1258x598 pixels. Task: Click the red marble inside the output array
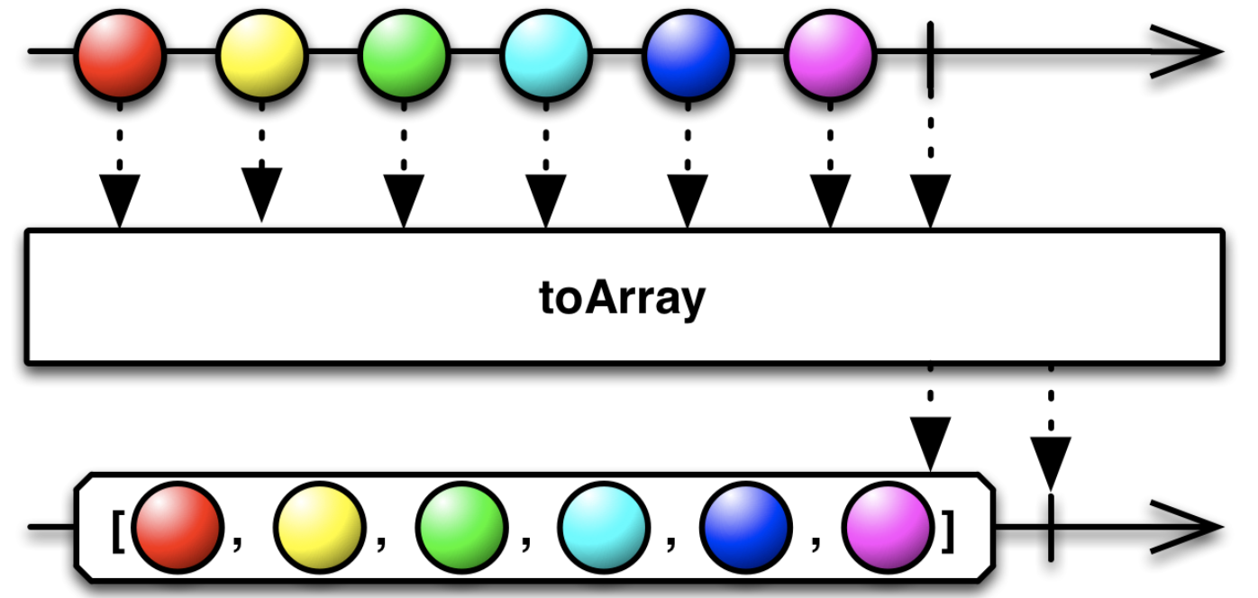177,528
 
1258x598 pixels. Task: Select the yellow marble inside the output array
320,528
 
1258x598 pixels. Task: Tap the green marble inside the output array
461,528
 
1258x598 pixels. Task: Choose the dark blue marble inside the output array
746,528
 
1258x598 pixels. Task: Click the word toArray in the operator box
623,298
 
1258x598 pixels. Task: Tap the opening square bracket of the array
117,531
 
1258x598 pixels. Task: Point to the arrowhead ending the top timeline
1190,52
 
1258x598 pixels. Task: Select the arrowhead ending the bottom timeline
1190,527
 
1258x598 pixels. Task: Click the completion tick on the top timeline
930,52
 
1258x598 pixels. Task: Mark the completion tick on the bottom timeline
1051,527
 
